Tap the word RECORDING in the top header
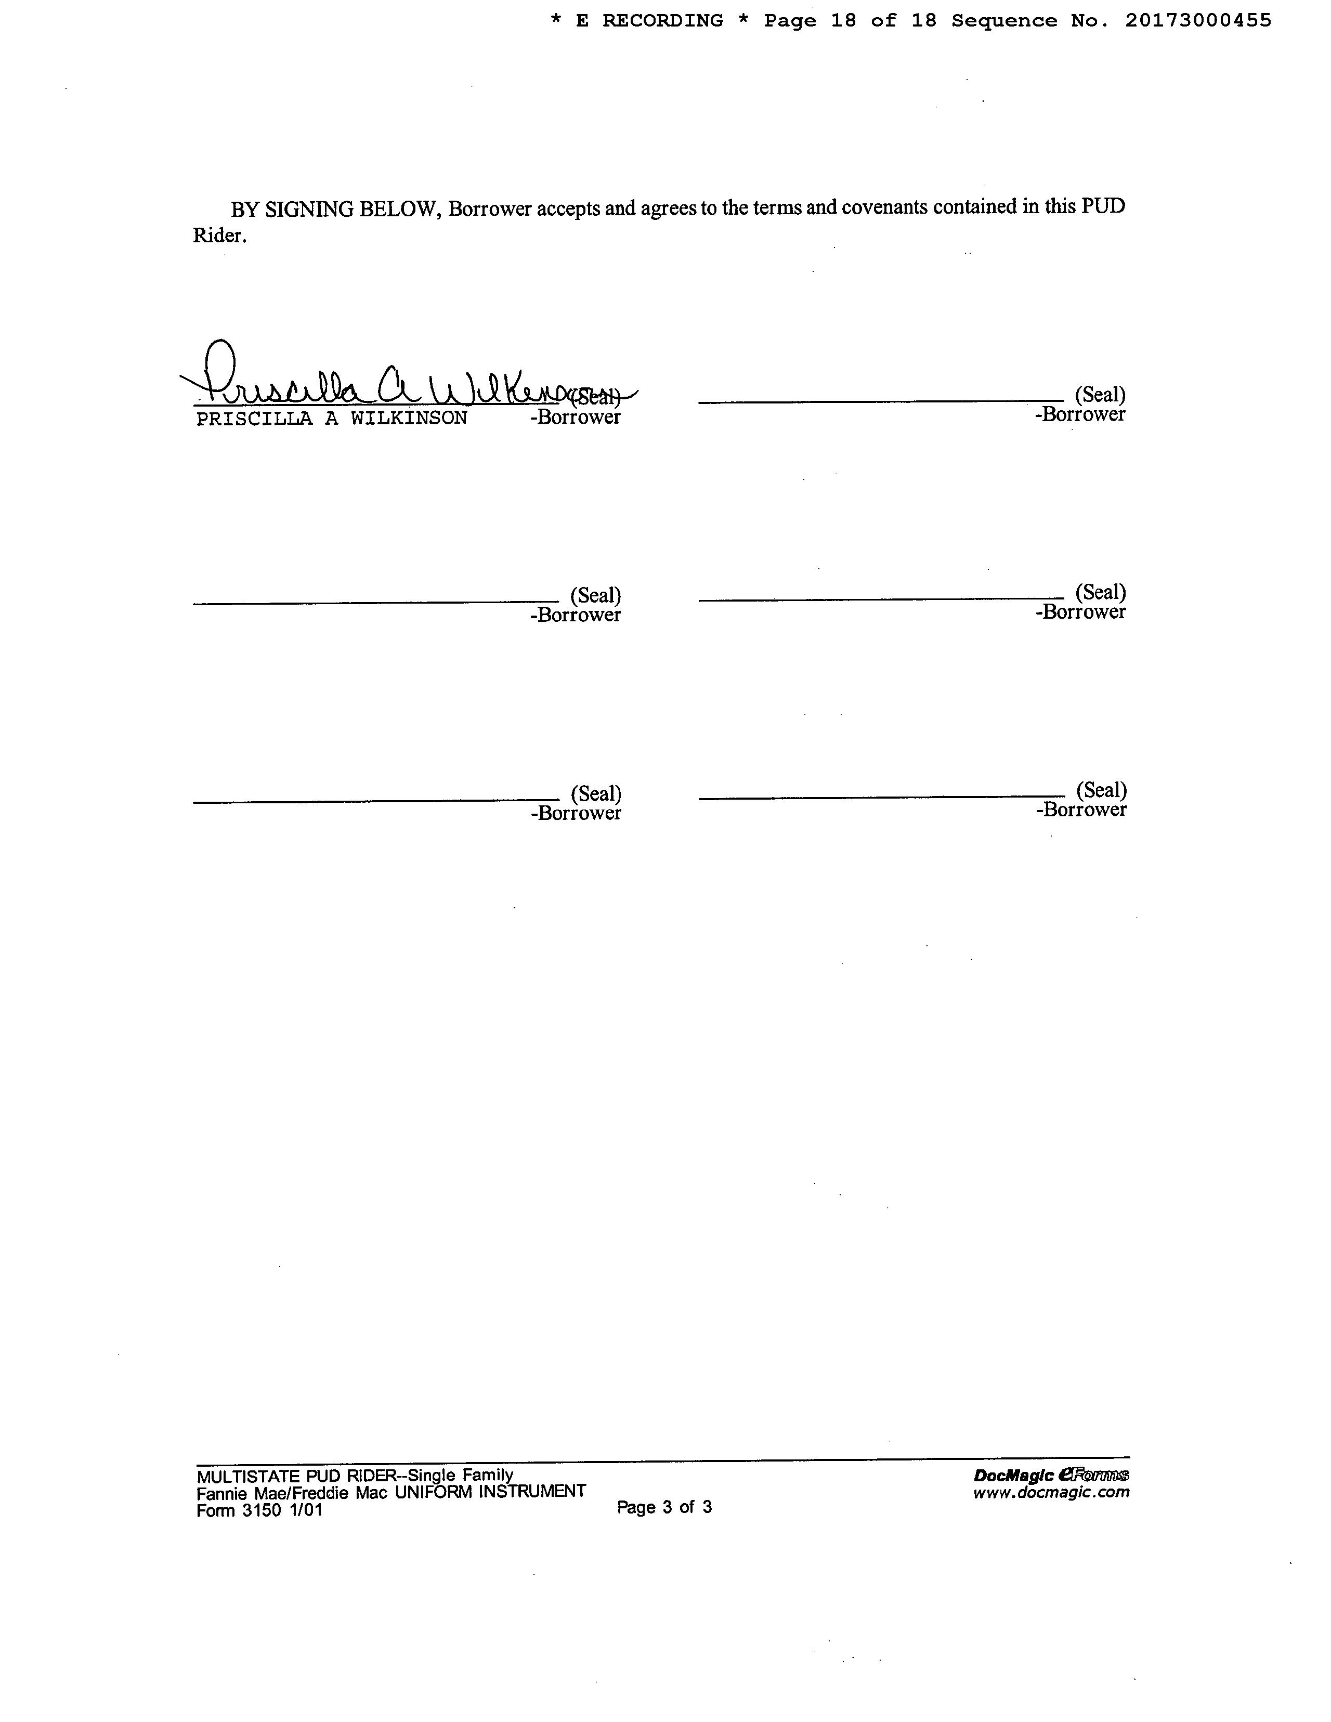tap(662, 20)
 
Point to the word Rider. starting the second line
tap(219, 236)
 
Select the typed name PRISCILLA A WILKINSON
tap(331, 418)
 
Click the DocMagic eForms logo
tap(1051, 1475)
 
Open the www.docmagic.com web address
tap(1051, 1492)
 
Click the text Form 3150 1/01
tap(259, 1510)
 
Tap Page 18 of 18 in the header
tap(850, 20)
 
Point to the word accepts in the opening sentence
tap(570, 208)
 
